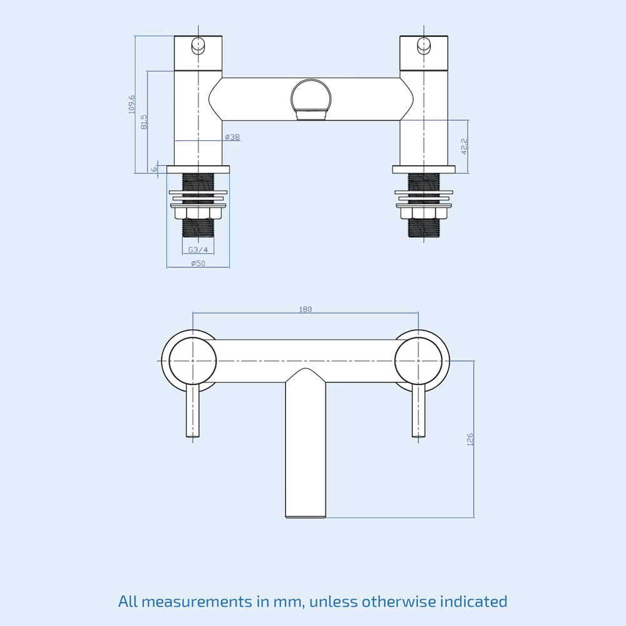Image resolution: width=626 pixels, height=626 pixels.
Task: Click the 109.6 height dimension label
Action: click(131, 104)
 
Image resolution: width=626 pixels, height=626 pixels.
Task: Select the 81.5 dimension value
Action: click(144, 121)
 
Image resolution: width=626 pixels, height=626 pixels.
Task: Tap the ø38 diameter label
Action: click(232, 137)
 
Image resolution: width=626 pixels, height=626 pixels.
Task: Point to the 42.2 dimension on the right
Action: click(464, 146)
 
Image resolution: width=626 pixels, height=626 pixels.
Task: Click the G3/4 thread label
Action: click(198, 250)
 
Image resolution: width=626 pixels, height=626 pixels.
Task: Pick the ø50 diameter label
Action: click(198, 264)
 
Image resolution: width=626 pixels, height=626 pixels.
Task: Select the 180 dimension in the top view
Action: click(305, 309)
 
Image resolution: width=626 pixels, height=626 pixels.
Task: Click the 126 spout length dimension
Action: click(470, 439)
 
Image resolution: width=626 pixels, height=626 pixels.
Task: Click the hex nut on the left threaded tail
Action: click(198, 214)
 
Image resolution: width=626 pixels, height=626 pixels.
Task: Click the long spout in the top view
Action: click(306, 451)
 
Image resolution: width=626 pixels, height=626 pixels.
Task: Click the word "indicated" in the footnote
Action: click(474, 602)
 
